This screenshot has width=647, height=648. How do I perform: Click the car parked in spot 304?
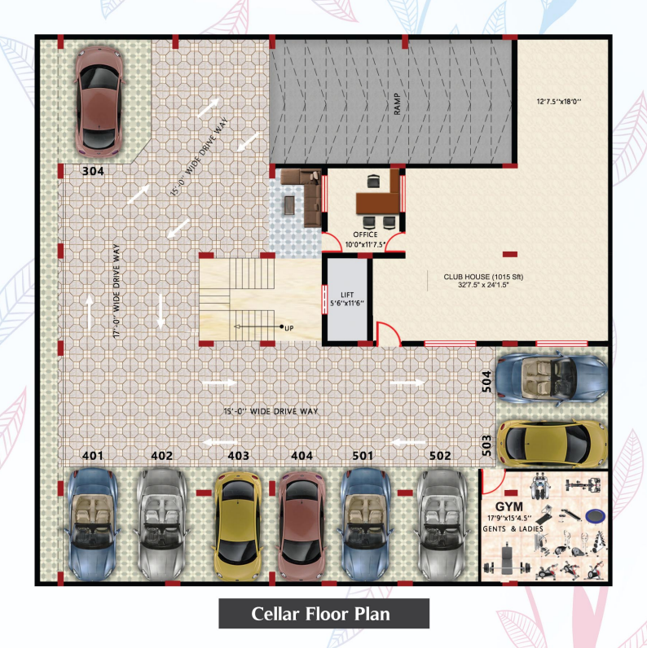click(99, 101)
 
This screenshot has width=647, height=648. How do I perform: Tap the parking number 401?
click(93, 455)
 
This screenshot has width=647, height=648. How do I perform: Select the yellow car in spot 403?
click(238, 526)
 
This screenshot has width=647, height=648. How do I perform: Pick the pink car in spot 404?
click(301, 526)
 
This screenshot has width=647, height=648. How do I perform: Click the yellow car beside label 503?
click(552, 443)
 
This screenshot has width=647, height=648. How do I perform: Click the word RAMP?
click(397, 103)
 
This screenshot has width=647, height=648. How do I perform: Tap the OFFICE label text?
click(365, 234)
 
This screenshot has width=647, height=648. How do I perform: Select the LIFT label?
click(347, 295)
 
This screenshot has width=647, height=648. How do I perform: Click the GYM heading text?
click(508, 506)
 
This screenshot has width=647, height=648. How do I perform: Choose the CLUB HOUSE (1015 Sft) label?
click(483, 277)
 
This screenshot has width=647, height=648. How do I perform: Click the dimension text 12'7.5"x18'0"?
click(559, 101)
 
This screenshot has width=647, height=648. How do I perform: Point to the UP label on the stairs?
click(288, 328)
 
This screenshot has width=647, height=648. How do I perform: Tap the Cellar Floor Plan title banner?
click(324, 613)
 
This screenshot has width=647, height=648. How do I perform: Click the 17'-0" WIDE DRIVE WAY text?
click(117, 291)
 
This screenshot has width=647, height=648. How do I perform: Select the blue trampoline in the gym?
click(596, 516)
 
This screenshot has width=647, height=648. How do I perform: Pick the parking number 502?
click(440, 455)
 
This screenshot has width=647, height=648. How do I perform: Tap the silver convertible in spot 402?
click(161, 525)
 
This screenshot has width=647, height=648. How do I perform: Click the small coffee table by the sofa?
click(289, 205)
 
